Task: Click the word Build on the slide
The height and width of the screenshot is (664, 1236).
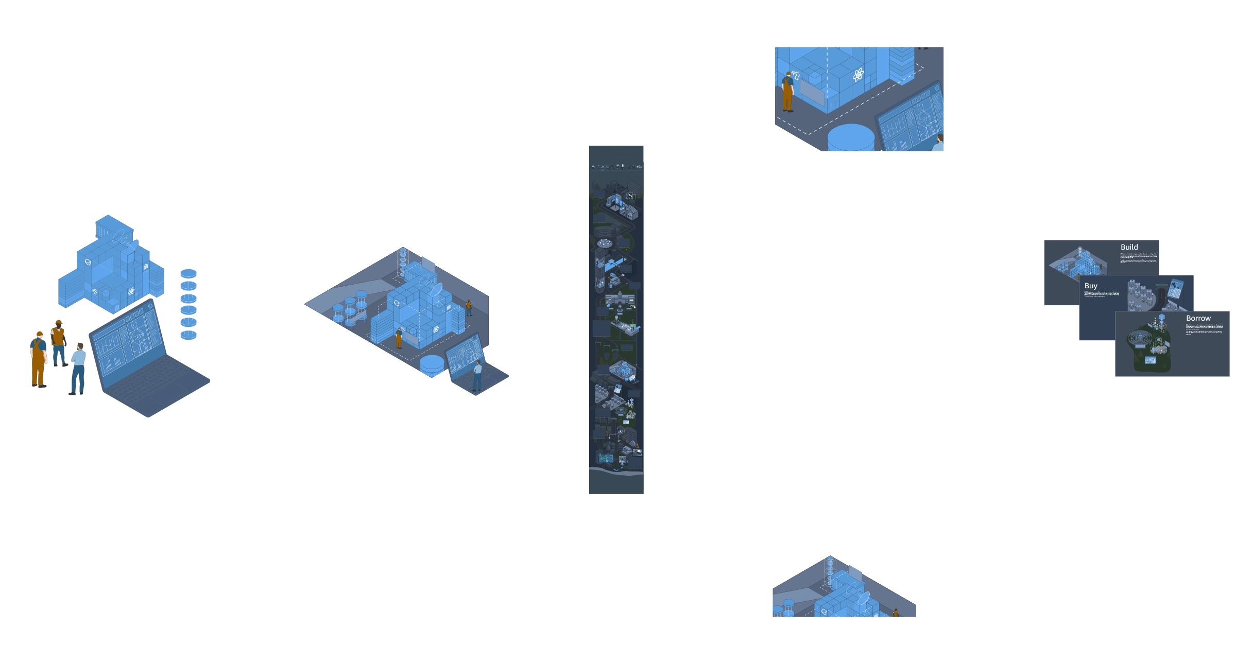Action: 1129,247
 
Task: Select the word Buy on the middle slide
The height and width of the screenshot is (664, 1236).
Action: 1091,286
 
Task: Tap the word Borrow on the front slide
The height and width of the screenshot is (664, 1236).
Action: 1198,318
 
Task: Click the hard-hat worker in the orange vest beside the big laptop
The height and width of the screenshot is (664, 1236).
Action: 58,340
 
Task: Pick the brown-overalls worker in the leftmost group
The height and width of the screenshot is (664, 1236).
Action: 38,358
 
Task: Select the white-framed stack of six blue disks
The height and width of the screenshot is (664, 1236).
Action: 188,304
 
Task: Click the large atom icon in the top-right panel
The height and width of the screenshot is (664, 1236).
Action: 858,75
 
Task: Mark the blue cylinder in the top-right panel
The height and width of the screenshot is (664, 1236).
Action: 851,137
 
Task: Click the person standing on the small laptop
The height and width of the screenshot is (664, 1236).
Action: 477,375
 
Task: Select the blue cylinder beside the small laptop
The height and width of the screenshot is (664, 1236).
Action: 432,365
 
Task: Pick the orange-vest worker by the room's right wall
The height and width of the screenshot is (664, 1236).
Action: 469,308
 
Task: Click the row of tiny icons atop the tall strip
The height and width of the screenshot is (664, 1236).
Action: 617,166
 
